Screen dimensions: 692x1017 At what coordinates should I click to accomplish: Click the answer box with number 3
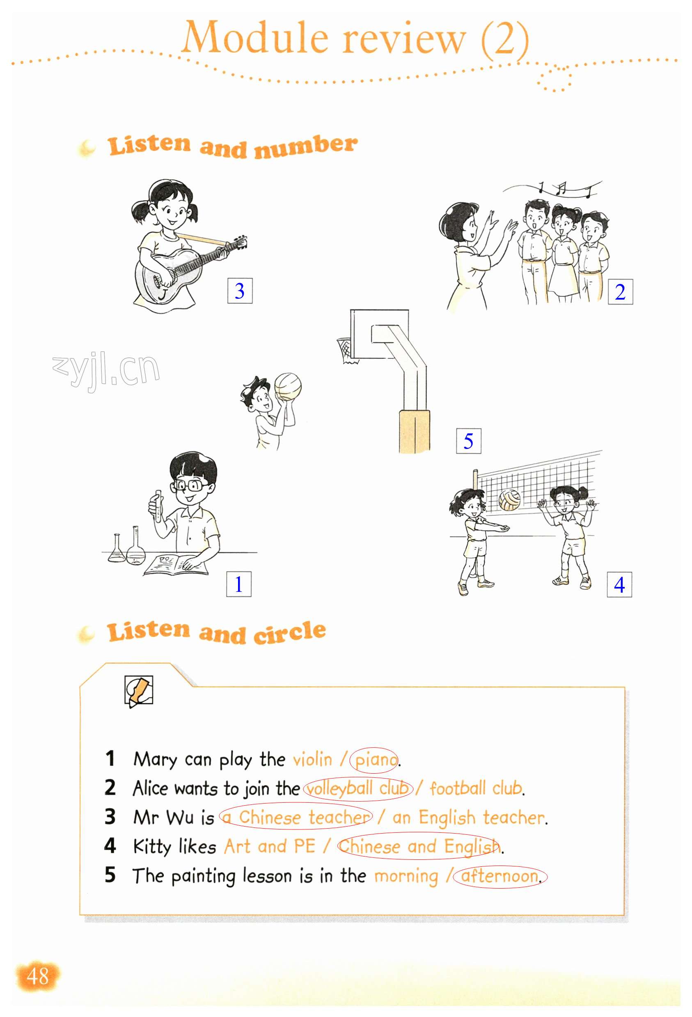tap(239, 290)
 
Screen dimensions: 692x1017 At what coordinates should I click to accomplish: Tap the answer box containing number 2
tap(620, 291)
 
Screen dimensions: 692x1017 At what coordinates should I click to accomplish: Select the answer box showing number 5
tap(468, 441)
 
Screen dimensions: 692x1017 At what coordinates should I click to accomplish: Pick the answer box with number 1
tap(238, 584)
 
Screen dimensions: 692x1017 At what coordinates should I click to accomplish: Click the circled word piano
tap(374, 760)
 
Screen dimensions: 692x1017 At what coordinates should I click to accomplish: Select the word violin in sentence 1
tap(312, 759)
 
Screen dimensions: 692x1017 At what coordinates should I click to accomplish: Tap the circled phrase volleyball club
tap(357, 788)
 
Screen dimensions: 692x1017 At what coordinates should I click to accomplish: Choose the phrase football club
tap(476, 788)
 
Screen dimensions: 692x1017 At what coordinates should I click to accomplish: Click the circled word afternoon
tap(500, 877)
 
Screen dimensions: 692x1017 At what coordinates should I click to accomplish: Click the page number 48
tap(38, 976)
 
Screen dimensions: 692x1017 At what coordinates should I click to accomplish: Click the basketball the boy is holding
tap(288, 387)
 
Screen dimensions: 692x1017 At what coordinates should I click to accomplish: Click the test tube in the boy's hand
tap(158, 506)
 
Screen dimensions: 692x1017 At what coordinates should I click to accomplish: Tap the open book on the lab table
tap(176, 564)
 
